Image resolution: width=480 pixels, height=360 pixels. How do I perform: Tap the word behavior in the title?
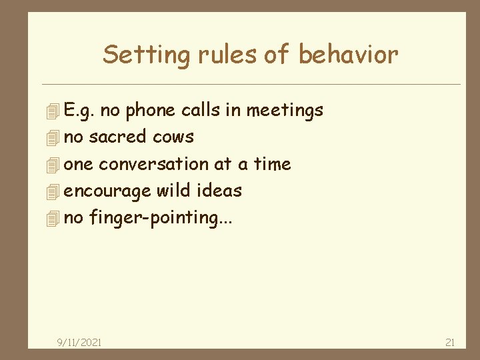pos(348,55)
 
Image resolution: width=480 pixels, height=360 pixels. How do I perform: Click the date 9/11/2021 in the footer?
pos(79,342)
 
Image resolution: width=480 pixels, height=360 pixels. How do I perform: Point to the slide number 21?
pos(450,342)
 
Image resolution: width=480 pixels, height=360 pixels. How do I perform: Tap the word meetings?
pos(285,110)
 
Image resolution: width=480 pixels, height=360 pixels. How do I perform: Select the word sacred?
pos(117,137)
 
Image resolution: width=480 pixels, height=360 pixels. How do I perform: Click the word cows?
pos(173,137)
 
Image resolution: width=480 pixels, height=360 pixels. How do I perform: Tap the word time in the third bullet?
pos(273,164)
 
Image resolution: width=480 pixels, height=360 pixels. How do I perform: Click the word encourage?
pos(107,191)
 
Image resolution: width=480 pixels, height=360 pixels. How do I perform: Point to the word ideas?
pos(219,191)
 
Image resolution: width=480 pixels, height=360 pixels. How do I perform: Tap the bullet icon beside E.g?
pos(54,111)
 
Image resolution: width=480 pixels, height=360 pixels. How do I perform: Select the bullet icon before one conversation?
pos(54,165)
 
